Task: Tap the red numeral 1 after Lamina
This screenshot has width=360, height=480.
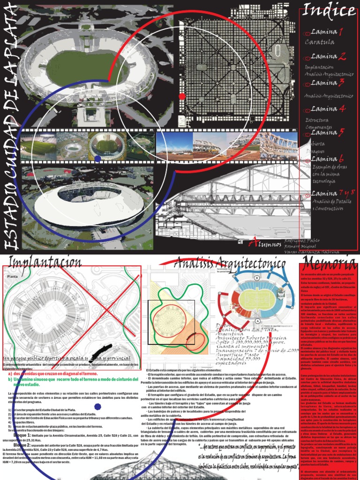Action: [x=341, y=32]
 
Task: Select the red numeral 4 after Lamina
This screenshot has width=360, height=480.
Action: [x=342, y=109]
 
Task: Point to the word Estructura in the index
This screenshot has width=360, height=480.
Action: [x=317, y=121]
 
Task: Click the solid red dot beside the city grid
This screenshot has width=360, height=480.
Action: [x=182, y=97]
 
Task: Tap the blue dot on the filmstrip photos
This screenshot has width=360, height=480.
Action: [x=97, y=158]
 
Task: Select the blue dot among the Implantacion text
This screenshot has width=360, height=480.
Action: [x=98, y=406]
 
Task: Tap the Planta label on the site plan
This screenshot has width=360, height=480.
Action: [x=11, y=277]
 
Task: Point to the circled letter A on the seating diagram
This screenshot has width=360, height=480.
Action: [x=258, y=321]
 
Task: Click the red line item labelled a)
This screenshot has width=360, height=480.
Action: [x=52, y=374]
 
